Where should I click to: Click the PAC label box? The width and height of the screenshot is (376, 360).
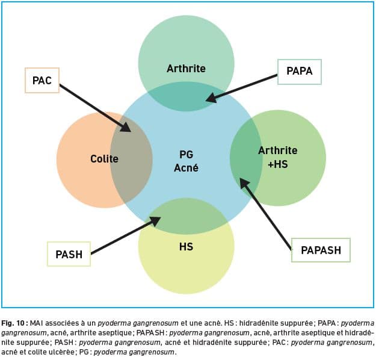pyautogui.click(x=42, y=80)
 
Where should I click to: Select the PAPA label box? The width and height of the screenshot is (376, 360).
pyautogui.click(x=300, y=72)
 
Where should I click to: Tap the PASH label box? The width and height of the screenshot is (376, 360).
pyautogui.click(x=69, y=254)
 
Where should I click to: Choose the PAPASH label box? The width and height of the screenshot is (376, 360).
pyautogui.click(x=321, y=250)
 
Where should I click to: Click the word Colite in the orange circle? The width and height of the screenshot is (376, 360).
pyautogui.click(x=104, y=159)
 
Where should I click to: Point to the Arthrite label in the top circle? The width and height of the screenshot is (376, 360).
pyautogui.click(x=186, y=69)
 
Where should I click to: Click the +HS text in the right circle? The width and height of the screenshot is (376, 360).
pyautogui.click(x=278, y=164)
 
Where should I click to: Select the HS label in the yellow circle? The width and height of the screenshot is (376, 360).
pyautogui.click(x=186, y=247)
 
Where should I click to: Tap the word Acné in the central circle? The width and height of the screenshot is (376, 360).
pyautogui.click(x=186, y=168)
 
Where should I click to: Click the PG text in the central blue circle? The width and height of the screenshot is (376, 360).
pyautogui.click(x=186, y=155)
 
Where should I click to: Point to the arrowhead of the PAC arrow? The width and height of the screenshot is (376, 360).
pyautogui.click(x=126, y=127)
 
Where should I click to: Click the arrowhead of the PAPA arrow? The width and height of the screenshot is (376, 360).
pyautogui.click(x=212, y=98)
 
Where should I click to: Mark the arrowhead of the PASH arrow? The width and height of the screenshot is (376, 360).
pyautogui.click(x=155, y=221)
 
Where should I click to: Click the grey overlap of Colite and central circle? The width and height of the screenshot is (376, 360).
pyautogui.click(x=131, y=160)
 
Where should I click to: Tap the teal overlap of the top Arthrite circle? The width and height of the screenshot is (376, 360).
pyautogui.click(x=186, y=96)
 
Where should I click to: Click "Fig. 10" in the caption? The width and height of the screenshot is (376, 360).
pyautogui.click(x=13, y=323)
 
